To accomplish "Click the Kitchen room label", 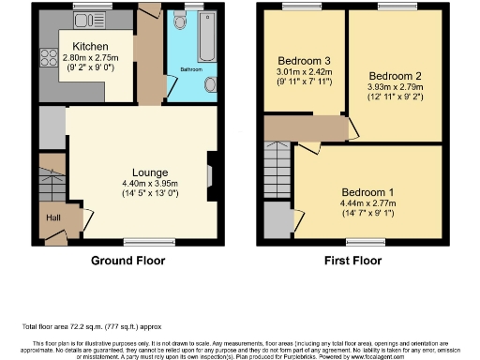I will [x=90, y=46].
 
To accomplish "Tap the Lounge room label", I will [x=150, y=172].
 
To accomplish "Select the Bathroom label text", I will [x=184, y=69].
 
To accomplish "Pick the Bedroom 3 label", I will [x=304, y=60].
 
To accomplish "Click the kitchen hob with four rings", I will [x=50, y=57].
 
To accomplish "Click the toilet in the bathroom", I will [x=179, y=22].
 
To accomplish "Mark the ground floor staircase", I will [x=52, y=178].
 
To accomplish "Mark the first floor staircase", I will [x=278, y=174].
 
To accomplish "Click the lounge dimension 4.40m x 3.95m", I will [x=150, y=184].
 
